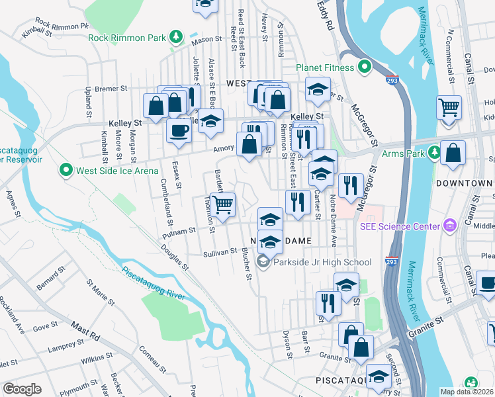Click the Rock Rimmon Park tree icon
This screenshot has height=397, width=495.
coord(175,37)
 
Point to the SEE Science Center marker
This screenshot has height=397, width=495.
coord(451,226)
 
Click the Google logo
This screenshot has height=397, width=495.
coord(22,389)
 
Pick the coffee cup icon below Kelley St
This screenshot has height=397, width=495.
coord(179,130)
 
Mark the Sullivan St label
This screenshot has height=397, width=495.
coord(220,251)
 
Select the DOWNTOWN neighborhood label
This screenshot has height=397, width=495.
coord(465,183)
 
